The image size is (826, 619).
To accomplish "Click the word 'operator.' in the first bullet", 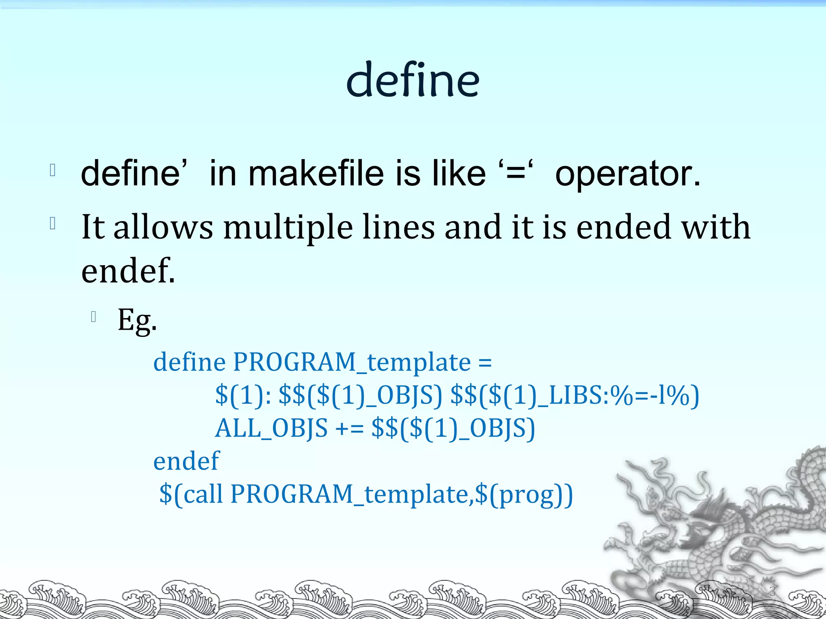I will pyautogui.click(x=628, y=174).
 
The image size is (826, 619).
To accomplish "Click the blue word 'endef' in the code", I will pyautogui.click(x=186, y=461).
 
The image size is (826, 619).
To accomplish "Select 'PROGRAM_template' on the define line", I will pyautogui.click(x=352, y=362).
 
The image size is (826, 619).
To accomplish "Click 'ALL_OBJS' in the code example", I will pyautogui.click(x=271, y=428).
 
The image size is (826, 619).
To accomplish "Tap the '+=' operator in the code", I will pyautogui.click(x=349, y=428).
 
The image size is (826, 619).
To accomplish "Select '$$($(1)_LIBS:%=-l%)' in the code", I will pyautogui.click(x=574, y=395).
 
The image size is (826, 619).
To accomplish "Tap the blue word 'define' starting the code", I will pyautogui.click(x=189, y=362).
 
